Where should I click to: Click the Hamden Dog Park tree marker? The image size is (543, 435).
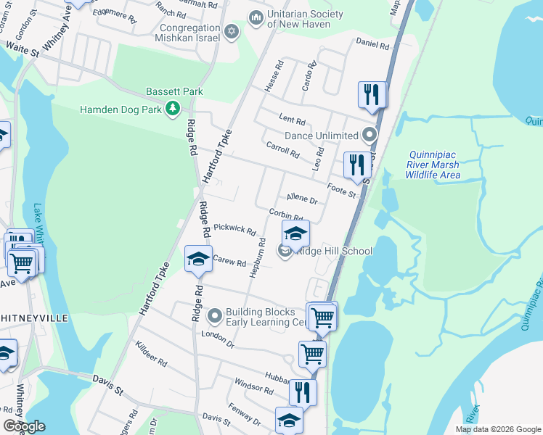coord(173,109)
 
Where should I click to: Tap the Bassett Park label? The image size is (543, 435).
coord(174,92)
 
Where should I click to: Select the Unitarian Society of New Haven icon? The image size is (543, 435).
coord(256,17)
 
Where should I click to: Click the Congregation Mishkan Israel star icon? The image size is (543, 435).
coord(232,30)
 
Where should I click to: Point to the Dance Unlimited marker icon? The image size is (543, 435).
coord(370,135)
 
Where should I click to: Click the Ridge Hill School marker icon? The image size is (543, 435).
coord(285,252)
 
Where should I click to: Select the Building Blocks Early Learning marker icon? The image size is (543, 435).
coord(215,316)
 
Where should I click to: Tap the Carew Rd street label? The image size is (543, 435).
coord(230,261)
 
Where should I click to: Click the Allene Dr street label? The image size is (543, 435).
coord(302,198)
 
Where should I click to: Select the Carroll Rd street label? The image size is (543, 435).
coord(282,150)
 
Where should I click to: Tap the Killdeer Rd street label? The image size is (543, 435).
coord(151,355)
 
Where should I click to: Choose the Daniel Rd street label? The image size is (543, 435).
coord(372,44)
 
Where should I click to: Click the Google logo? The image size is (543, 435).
coord(24,426)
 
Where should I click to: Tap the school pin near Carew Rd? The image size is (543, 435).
coord(198,260)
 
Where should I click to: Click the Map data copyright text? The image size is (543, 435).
coord(497,429)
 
